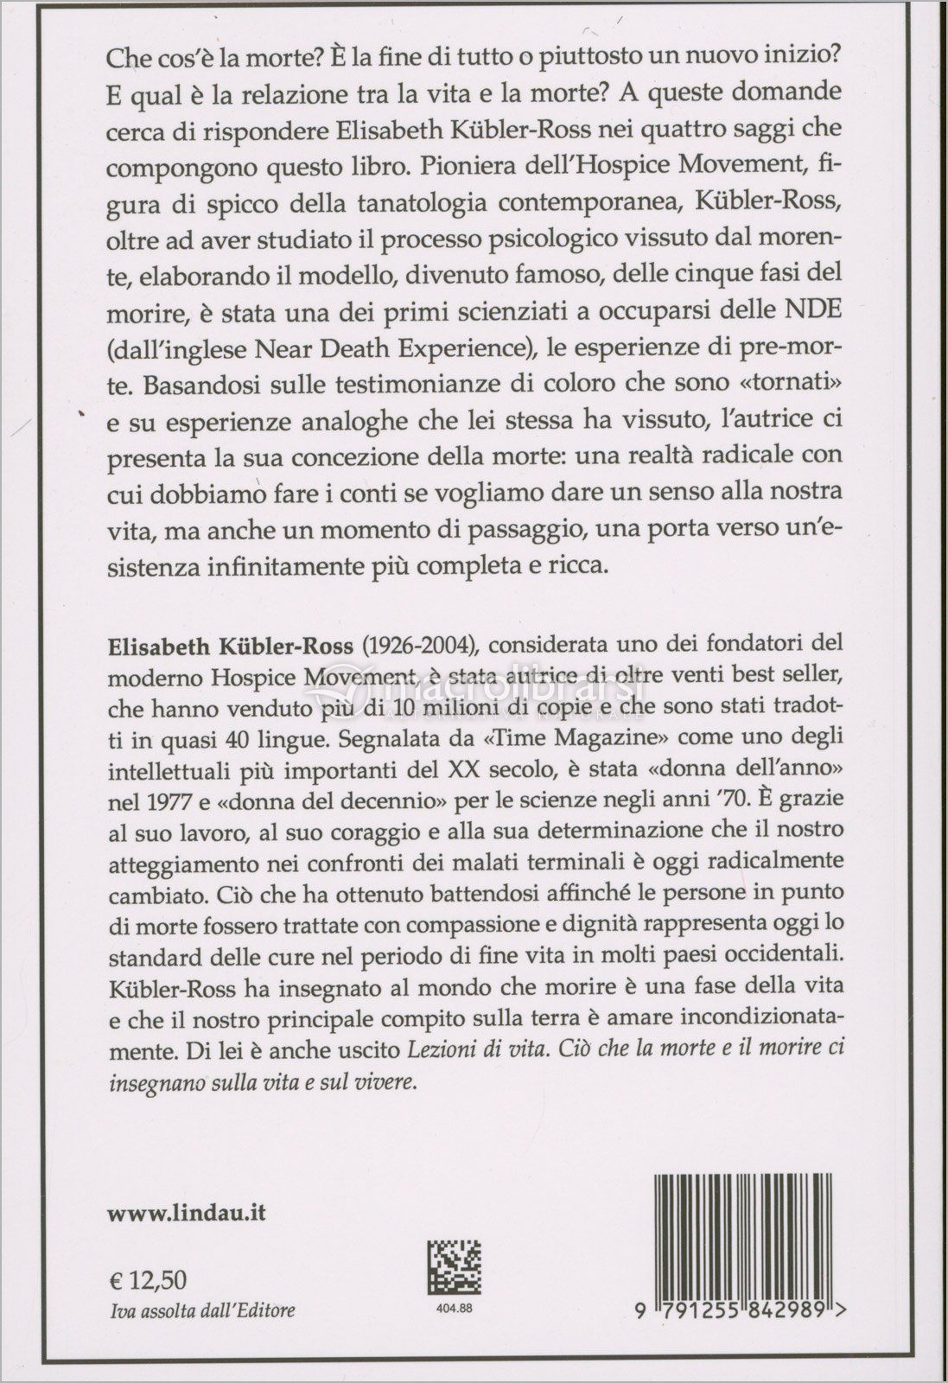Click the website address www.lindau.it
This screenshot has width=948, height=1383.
coord(186,1214)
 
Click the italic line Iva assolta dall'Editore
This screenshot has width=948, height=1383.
coord(200,1310)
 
